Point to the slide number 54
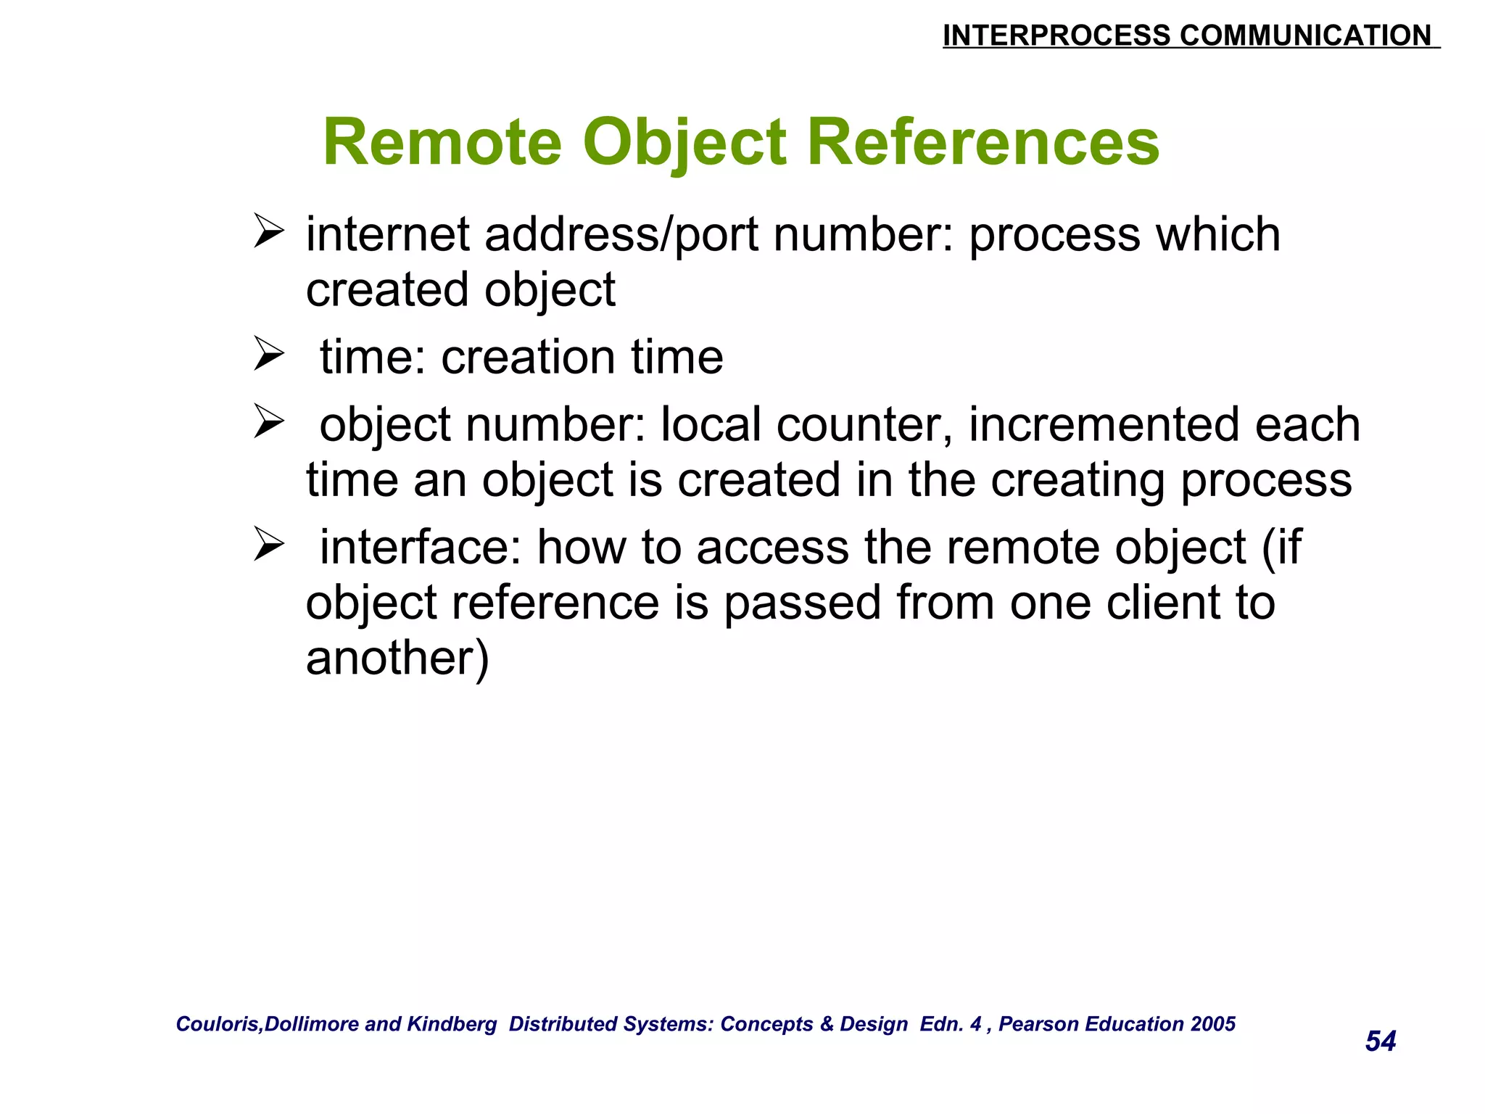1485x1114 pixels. click(1381, 1041)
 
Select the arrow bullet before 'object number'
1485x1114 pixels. click(268, 422)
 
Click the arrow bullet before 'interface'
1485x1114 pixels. click(268, 545)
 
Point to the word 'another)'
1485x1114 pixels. click(397, 659)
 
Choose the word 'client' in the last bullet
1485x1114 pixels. click(1151, 603)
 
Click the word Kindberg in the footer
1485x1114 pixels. click(452, 1024)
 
